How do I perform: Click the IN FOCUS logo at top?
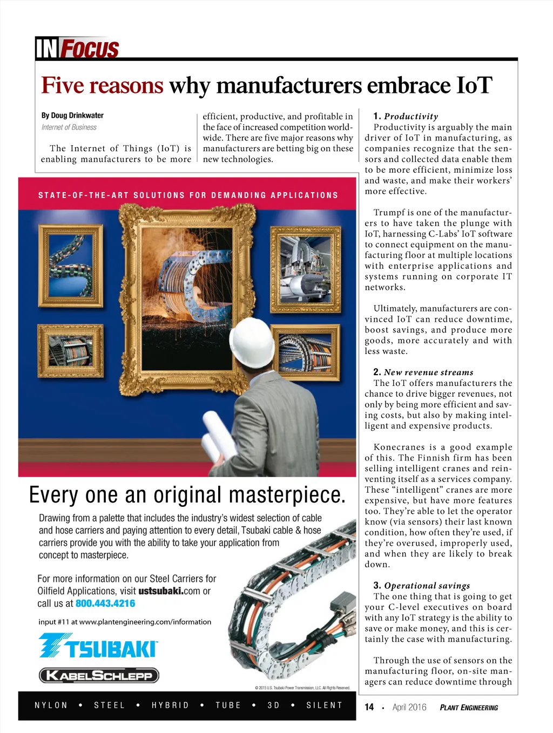coord(77,49)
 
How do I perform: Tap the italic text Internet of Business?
coord(69,127)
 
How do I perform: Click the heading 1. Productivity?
coord(406,116)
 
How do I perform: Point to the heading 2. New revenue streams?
coord(423,372)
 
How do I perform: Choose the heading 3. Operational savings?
coord(421,586)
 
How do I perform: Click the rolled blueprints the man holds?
coord(216,437)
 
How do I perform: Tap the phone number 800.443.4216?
coord(105,603)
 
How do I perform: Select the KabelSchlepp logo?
coord(99,675)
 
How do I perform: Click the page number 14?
coord(369,707)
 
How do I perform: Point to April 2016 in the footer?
coord(409,707)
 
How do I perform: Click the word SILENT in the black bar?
coord(324,705)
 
